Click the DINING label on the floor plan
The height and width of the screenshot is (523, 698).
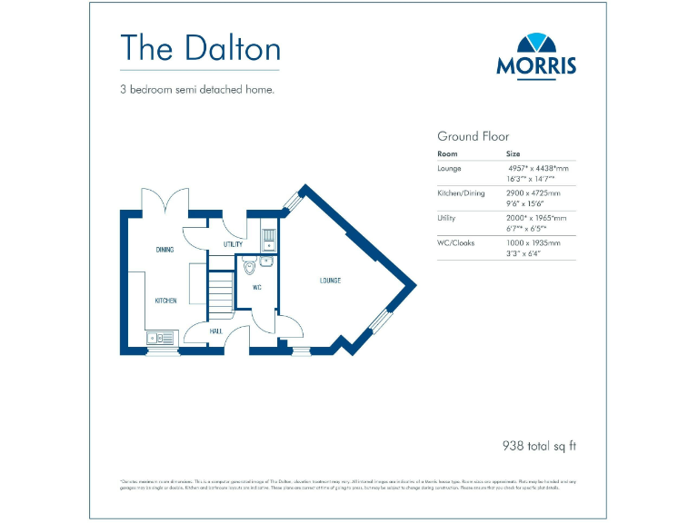point(165,250)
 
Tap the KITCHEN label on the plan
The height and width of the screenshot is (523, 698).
point(165,301)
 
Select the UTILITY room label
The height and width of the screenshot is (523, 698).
point(233,245)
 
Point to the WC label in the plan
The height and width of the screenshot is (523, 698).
point(257,288)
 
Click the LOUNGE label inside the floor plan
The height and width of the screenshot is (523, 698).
point(330,281)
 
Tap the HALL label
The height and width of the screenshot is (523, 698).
point(216,331)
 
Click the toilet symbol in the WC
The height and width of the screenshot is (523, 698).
point(249,266)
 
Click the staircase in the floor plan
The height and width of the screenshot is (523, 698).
point(221,291)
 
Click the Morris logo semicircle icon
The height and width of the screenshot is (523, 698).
point(536,44)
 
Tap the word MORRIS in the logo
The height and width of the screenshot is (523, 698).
point(536,66)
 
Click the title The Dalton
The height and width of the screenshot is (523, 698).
point(200,47)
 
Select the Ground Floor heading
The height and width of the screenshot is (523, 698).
point(474,136)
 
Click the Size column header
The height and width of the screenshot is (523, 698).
point(514,154)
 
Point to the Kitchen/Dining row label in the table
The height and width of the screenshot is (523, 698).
point(461,193)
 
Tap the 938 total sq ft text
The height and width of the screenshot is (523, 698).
point(540,446)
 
